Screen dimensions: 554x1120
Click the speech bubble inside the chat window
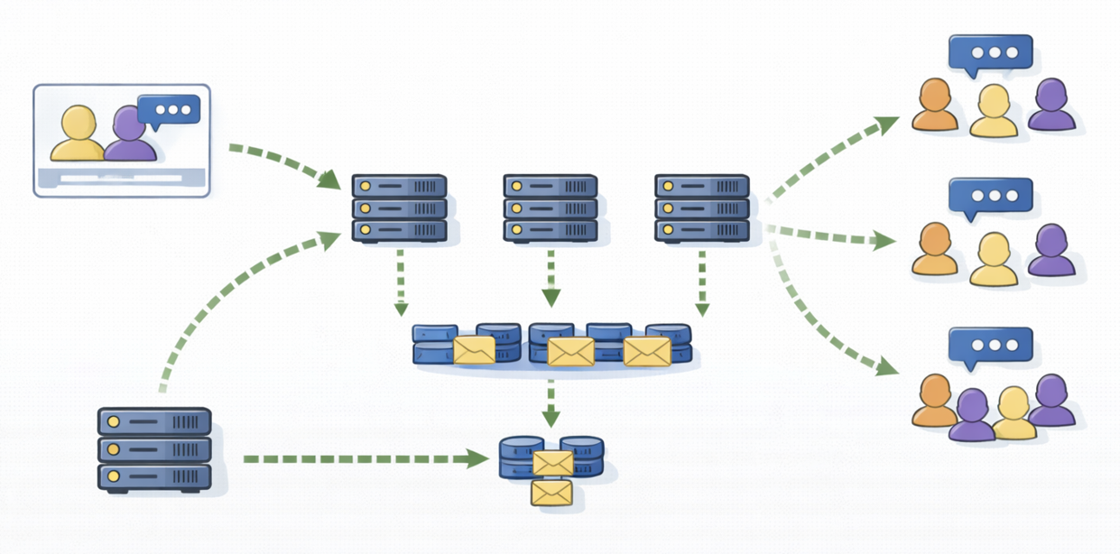pyautogui.click(x=169, y=110)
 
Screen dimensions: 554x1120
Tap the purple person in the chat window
pyautogui.click(x=130, y=135)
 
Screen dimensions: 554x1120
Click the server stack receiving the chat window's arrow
pyautogui.click(x=399, y=208)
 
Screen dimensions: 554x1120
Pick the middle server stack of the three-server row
pyautogui.click(x=551, y=208)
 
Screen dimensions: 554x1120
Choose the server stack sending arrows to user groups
pyautogui.click(x=702, y=208)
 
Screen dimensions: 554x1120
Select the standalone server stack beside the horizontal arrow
pyautogui.click(x=154, y=448)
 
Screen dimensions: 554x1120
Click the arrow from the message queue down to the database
pyautogui.click(x=551, y=402)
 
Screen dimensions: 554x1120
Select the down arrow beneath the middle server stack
pyautogui.click(x=551, y=280)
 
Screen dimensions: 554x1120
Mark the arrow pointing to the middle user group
pyautogui.click(x=830, y=236)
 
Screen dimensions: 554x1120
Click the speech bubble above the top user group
pyautogui.click(x=990, y=53)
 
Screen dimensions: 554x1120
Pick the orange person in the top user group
pyautogui.click(x=934, y=106)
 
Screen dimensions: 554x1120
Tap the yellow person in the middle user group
pyautogui.click(x=994, y=260)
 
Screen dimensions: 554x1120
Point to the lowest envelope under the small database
pyautogui.click(x=551, y=493)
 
